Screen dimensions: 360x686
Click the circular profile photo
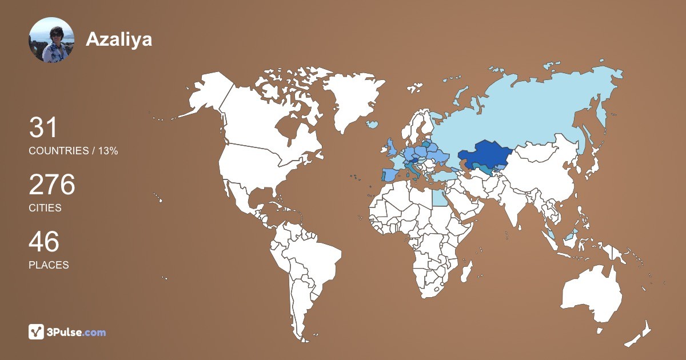51,40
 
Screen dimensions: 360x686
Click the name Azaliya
119,39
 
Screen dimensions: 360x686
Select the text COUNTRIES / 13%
73,151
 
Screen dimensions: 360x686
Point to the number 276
52,185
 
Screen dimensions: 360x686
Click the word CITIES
45,208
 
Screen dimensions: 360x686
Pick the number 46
44,242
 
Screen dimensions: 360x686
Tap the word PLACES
49,265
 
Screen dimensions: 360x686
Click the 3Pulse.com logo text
77,332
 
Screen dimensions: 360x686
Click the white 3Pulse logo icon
37,332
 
